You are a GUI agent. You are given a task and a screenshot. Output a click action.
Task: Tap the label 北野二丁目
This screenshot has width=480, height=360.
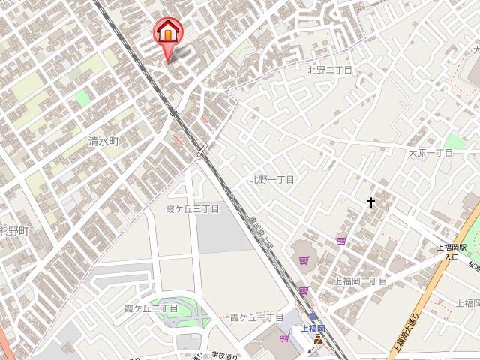(x=330, y=70)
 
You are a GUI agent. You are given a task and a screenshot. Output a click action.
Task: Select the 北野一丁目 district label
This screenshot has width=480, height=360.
(x=272, y=180)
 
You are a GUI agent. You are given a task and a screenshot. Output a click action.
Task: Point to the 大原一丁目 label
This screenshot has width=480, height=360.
(x=430, y=153)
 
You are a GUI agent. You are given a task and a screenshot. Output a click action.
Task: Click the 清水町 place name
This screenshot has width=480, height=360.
(x=103, y=141)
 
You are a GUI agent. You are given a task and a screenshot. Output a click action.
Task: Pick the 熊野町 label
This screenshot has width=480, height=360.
(x=13, y=231)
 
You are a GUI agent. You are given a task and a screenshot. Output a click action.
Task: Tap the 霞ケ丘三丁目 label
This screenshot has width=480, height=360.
(x=192, y=208)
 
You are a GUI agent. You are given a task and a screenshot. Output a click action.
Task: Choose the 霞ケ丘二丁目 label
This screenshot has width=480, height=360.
(x=151, y=308)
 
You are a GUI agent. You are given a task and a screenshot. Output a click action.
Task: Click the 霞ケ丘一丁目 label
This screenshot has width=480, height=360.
(x=256, y=317)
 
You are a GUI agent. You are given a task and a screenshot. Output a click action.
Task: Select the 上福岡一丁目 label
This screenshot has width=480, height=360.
(x=361, y=280)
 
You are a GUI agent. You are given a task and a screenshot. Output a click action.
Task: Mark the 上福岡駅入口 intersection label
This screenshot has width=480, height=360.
(x=452, y=251)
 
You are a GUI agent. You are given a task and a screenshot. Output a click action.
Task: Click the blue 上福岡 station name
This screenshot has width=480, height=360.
(x=313, y=328)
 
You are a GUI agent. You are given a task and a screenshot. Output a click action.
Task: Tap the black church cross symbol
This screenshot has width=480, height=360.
(x=370, y=202)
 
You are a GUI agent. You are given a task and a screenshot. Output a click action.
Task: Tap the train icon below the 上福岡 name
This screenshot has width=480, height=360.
(x=318, y=340)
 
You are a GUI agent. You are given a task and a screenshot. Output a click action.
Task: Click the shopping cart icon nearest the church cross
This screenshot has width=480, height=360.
(x=342, y=240)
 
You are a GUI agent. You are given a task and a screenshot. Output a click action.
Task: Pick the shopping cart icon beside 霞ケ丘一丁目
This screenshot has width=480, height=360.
(x=284, y=337)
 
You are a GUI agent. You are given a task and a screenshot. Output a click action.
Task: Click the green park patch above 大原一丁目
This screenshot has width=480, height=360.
(x=454, y=142)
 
